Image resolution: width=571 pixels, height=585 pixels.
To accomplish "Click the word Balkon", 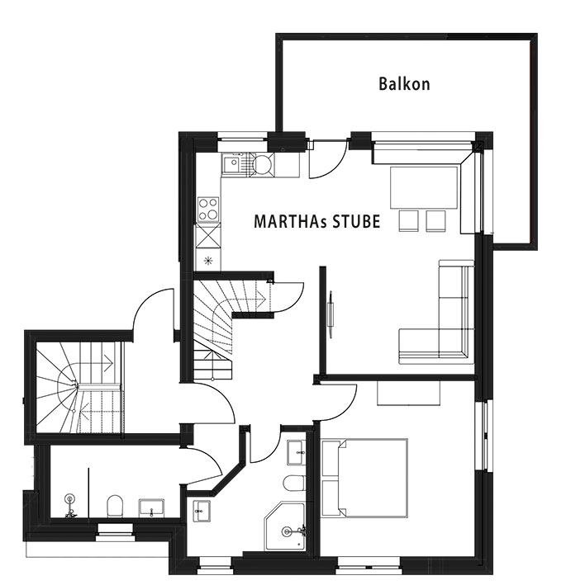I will (x=404, y=83).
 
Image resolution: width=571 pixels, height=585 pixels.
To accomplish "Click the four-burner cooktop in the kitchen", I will (x=207, y=208).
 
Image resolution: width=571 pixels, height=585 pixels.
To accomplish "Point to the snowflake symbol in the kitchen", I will (x=207, y=260).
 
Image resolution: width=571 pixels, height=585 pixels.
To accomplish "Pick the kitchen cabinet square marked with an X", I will (x=207, y=236).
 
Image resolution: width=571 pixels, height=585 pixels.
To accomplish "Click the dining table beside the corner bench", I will (x=424, y=187).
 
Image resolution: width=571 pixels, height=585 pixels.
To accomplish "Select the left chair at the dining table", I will (x=408, y=219).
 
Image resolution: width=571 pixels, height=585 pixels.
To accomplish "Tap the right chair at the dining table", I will (x=435, y=219).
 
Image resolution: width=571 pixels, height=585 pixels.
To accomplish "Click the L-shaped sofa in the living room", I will (x=446, y=318).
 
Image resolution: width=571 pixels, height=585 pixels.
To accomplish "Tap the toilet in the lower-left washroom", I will (x=115, y=502).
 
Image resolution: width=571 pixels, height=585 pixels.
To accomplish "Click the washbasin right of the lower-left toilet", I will (x=150, y=505).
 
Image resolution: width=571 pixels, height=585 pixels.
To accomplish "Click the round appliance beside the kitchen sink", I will (x=261, y=163).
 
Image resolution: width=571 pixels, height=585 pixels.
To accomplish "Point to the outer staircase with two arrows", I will (x=77, y=387).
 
